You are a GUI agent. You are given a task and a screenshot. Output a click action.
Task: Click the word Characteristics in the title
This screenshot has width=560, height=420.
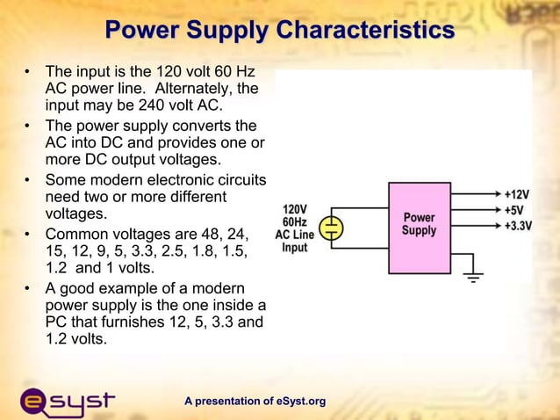click(365, 31)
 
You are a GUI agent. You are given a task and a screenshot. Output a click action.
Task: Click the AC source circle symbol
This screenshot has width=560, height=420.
click(331, 228)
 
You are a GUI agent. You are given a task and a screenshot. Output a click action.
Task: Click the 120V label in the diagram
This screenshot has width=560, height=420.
click(294, 210)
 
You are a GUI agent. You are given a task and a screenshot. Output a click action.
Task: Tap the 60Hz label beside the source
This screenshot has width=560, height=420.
click(294, 222)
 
